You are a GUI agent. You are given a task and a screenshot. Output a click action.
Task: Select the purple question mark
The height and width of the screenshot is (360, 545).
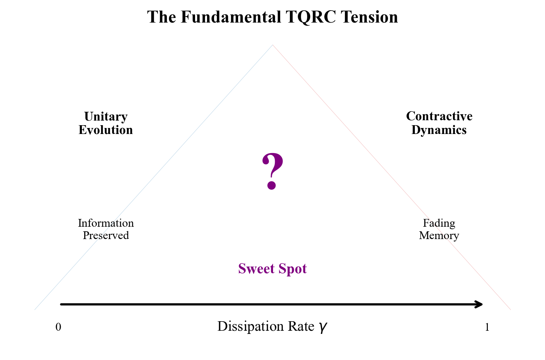pos(272,171)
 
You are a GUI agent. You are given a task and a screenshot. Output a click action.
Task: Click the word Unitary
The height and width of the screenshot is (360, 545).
pos(106,116)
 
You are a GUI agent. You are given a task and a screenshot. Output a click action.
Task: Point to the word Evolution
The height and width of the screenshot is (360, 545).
pos(106,130)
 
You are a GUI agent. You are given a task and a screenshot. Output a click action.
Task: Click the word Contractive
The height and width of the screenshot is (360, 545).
pos(439,116)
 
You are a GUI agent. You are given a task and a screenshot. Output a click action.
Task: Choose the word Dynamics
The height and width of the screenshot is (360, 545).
pos(439,130)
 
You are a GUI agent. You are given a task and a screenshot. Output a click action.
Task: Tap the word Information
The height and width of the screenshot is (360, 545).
pos(106,223)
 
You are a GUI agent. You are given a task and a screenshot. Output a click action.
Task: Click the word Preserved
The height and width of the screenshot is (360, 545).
pos(106,236)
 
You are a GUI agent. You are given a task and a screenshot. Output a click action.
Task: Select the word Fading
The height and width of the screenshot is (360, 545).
pos(439,223)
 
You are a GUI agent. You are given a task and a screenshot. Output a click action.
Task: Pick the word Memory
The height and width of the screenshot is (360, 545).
pos(439,236)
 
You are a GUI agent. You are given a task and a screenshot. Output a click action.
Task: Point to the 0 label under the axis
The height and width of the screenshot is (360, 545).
pos(58,328)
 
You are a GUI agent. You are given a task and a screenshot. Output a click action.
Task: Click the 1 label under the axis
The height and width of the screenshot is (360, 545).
pos(487,328)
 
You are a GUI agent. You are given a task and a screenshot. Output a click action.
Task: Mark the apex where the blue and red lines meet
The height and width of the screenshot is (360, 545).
pos(273,45)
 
